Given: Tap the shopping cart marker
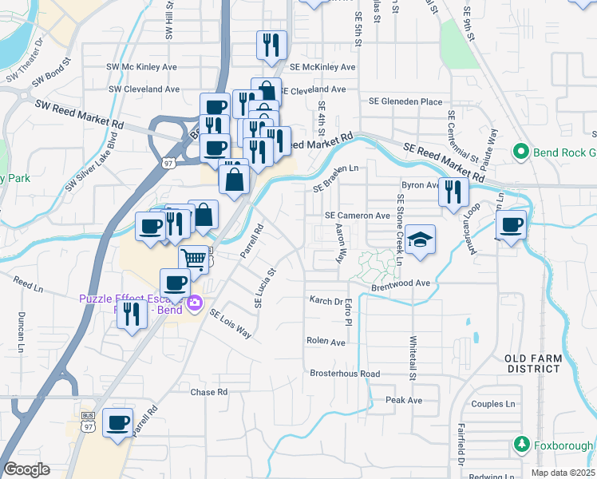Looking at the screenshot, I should coord(194,258).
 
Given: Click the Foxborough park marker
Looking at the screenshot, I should coord(522,444).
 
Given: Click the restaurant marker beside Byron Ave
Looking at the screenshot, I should coord(453,192).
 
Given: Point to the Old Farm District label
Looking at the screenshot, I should coord(532,363).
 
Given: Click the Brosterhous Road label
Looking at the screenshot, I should coord(345,374).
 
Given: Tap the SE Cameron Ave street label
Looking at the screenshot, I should coord(357,216).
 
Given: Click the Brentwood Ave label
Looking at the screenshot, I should coord(400,283).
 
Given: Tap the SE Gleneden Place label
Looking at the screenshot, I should coord(405,101).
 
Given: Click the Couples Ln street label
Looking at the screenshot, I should coord(496,404).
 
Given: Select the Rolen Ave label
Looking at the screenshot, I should coord(326,341).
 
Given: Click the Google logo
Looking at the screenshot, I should coord(26,469).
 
